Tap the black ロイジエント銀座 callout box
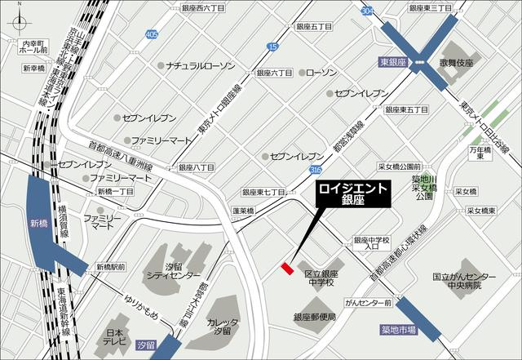353,193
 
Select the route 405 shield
153,34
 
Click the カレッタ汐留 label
223,327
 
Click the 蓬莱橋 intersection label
243,211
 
